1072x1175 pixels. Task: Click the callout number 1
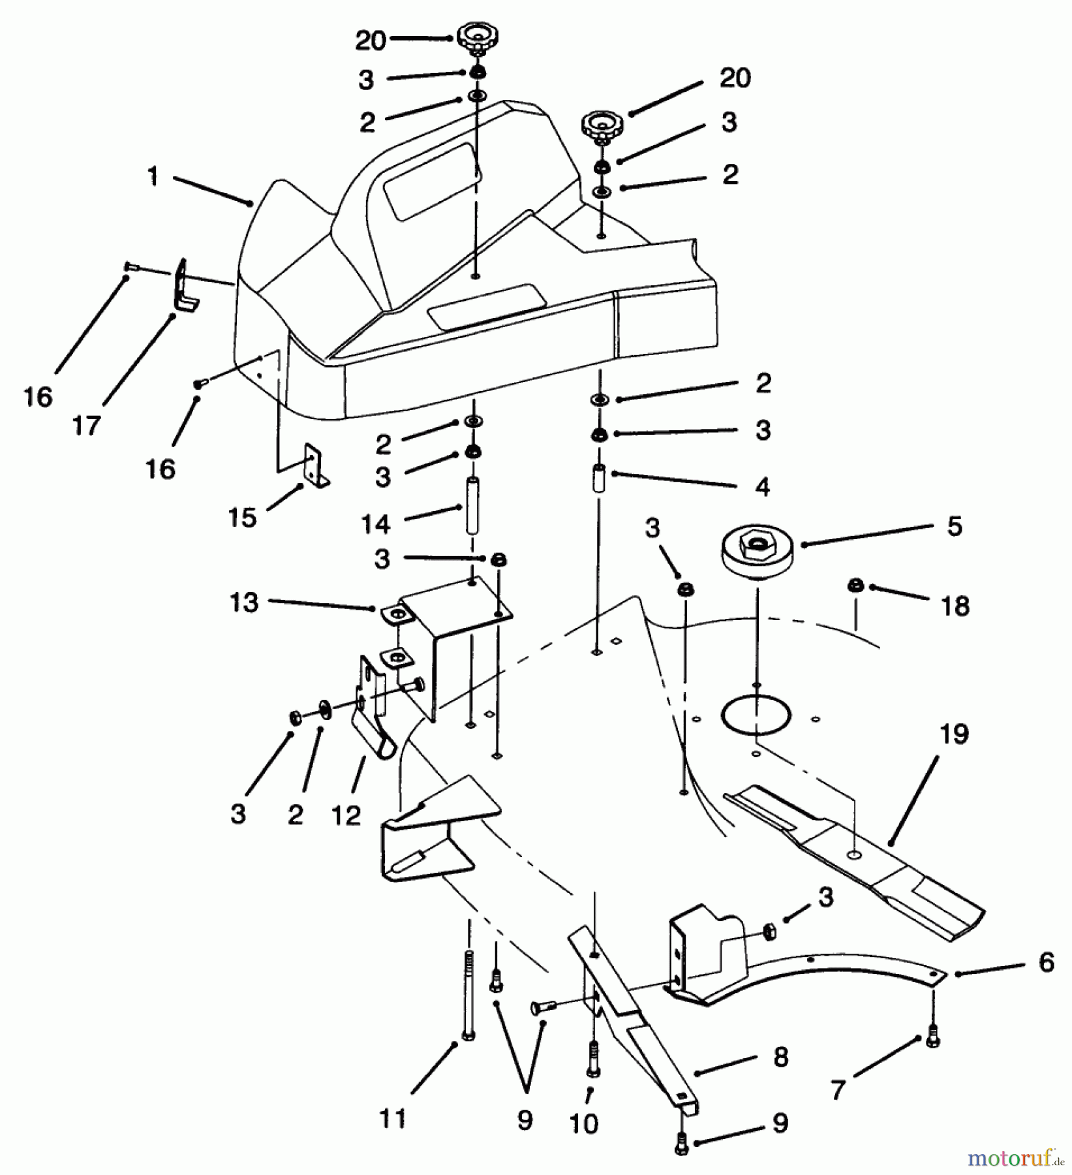[x=153, y=176]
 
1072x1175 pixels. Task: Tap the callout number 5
[x=954, y=526]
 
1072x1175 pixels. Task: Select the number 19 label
[x=953, y=734]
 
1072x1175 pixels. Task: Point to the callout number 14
[x=375, y=524]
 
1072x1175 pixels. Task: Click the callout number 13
[x=243, y=602]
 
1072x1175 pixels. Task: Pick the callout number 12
[x=345, y=815]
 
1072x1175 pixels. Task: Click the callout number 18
[x=955, y=606]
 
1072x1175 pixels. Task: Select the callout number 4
[x=762, y=487]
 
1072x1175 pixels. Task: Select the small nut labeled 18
[x=855, y=586]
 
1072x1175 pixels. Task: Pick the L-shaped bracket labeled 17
[x=185, y=285]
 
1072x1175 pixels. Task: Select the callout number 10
[x=583, y=1124]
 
